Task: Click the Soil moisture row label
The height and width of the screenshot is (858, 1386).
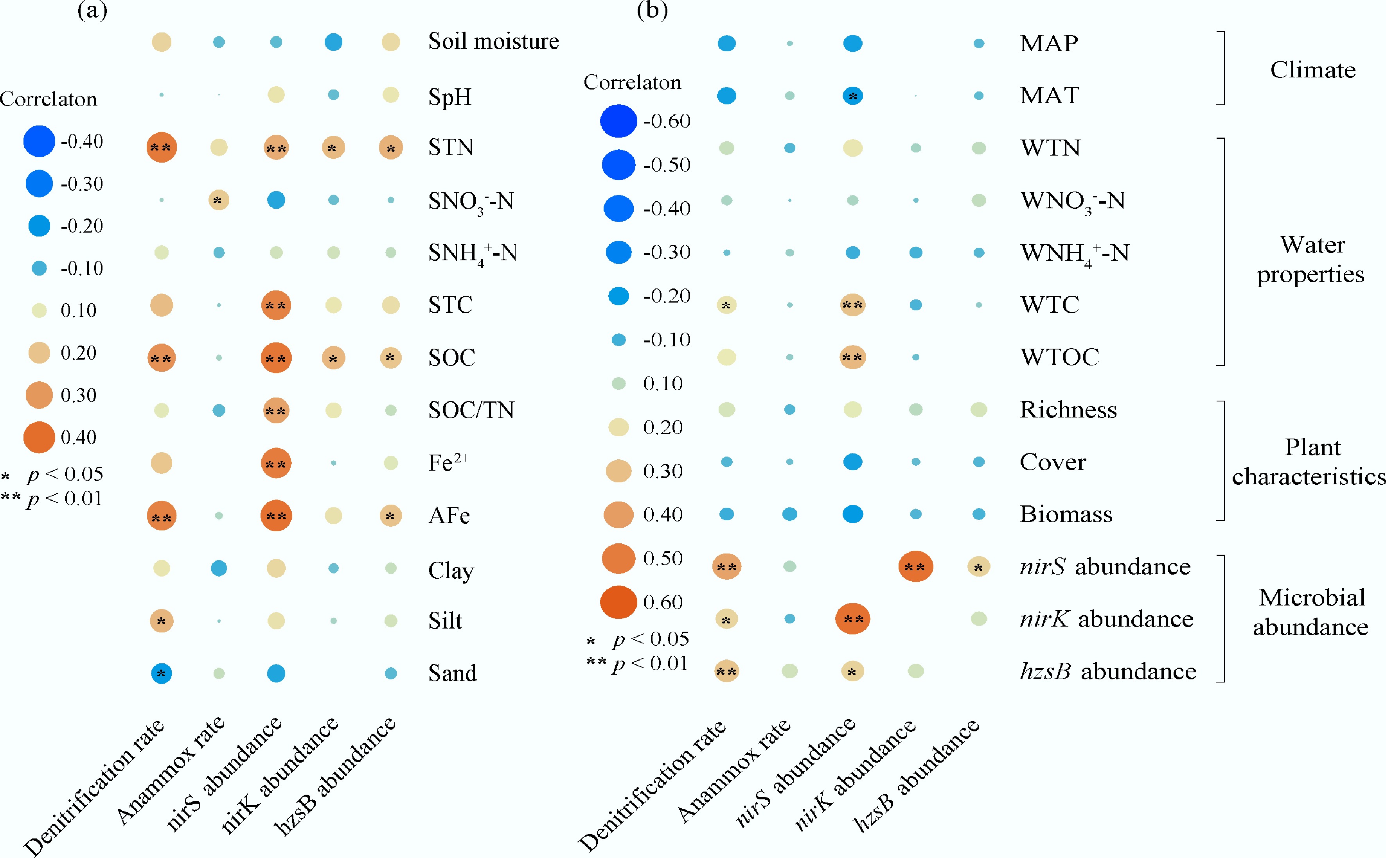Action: [493, 41]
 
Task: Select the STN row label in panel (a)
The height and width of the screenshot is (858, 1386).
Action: [451, 147]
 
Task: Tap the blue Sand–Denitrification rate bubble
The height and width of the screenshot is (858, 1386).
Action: [161, 674]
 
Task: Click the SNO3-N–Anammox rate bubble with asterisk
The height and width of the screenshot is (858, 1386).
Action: [219, 200]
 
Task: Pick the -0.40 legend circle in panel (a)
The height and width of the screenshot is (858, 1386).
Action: [39, 141]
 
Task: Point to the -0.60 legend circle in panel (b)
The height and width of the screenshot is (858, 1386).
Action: [618, 121]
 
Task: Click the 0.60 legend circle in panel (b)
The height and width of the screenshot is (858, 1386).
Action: [618, 602]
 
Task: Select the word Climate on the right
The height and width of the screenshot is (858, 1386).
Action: [1312, 70]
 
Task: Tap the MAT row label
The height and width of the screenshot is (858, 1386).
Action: [1049, 95]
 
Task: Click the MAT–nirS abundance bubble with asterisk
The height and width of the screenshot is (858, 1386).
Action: [852, 96]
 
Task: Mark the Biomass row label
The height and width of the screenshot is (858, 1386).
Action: [1066, 514]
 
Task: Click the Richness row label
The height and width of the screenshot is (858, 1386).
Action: [1068, 410]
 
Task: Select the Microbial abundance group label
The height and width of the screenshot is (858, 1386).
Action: [1310, 612]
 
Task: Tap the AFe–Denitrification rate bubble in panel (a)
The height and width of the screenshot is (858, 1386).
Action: [161, 516]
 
